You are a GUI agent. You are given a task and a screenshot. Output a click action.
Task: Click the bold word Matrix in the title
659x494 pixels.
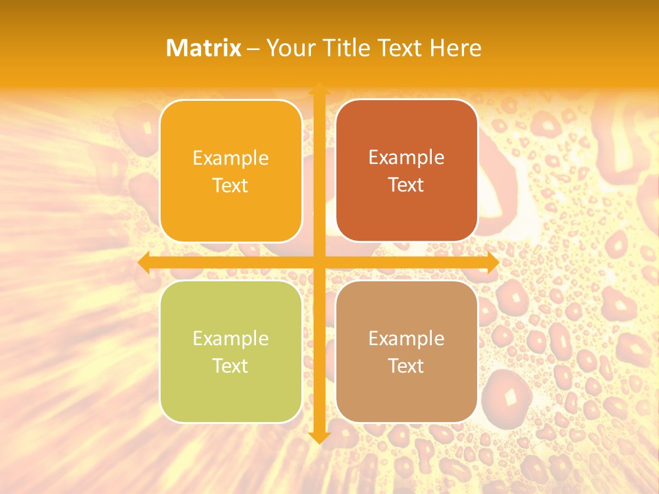pyautogui.click(x=204, y=48)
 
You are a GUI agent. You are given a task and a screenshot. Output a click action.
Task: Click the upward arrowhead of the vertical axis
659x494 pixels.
pyautogui.click(x=319, y=89)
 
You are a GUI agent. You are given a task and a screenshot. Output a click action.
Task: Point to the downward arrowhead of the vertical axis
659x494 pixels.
pyautogui.click(x=319, y=437)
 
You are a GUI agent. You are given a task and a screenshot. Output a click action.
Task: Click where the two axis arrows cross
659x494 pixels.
pyautogui.click(x=319, y=263)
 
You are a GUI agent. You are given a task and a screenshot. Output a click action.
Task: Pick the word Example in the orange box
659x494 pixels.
pyautogui.click(x=231, y=158)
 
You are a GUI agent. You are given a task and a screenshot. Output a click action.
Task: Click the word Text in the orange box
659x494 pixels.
pyautogui.click(x=231, y=185)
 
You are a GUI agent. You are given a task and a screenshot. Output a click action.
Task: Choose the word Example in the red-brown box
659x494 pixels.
pyautogui.click(x=406, y=158)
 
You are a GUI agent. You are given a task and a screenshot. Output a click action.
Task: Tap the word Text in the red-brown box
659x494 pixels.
pyautogui.click(x=406, y=185)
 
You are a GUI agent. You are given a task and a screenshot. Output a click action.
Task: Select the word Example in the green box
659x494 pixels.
pyautogui.click(x=231, y=339)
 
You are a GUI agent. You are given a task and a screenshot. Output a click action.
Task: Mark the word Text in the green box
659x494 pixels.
pyautogui.click(x=231, y=366)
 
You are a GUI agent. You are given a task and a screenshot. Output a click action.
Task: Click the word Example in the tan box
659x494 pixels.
pyautogui.click(x=406, y=339)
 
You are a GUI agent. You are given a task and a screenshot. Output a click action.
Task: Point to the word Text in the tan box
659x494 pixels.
pyautogui.click(x=406, y=366)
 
